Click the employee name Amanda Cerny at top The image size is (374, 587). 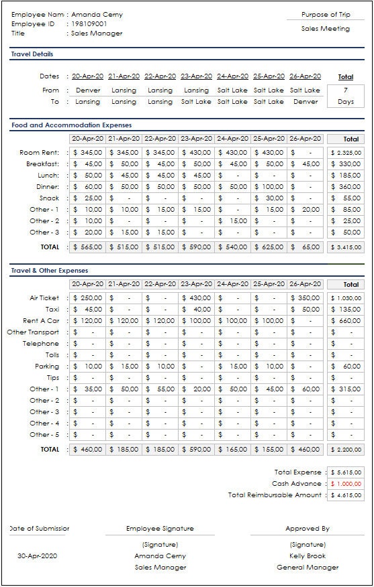(x=97, y=15)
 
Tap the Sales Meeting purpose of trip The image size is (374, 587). (x=326, y=29)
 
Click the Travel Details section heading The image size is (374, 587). (x=32, y=54)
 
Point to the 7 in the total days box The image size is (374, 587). (x=345, y=90)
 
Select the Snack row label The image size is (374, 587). (x=50, y=198)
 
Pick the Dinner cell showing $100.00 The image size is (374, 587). (x=269, y=187)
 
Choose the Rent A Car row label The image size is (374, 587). (x=42, y=320)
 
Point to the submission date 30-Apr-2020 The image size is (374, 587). (x=37, y=556)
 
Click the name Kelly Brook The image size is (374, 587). (x=308, y=556)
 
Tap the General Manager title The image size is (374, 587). (x=308, y=568)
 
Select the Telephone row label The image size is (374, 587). (x=42, y=344)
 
